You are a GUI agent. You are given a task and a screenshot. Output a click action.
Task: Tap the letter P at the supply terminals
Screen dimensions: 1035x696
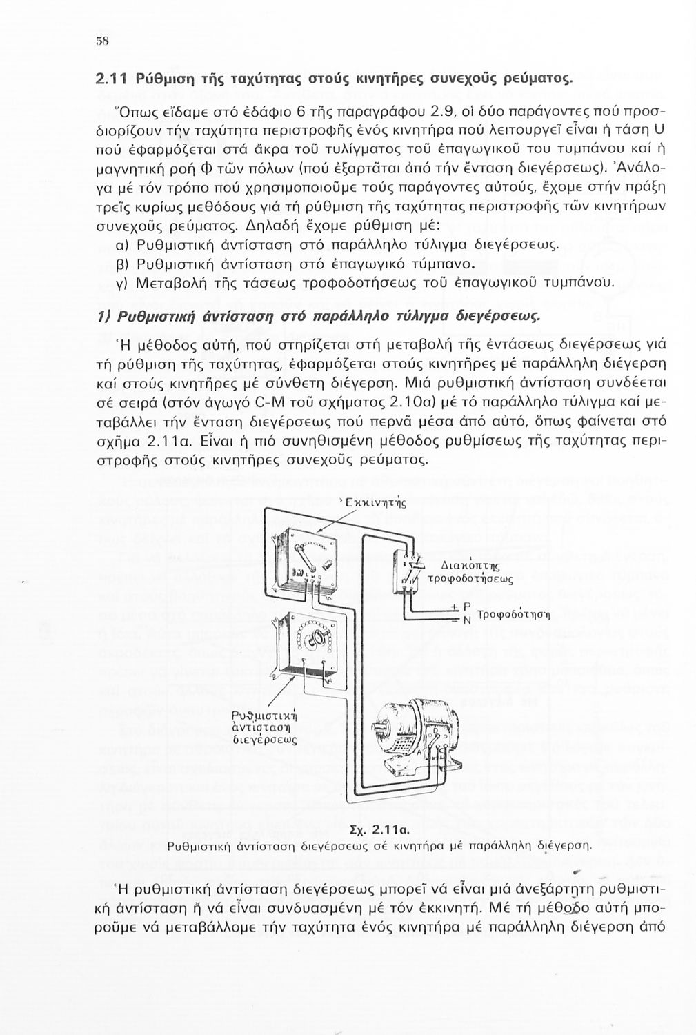(467, 608)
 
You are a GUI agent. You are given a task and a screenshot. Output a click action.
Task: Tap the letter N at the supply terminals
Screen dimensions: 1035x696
(467, 620)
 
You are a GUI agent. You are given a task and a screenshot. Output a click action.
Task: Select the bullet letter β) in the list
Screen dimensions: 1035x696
(121, 264)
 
